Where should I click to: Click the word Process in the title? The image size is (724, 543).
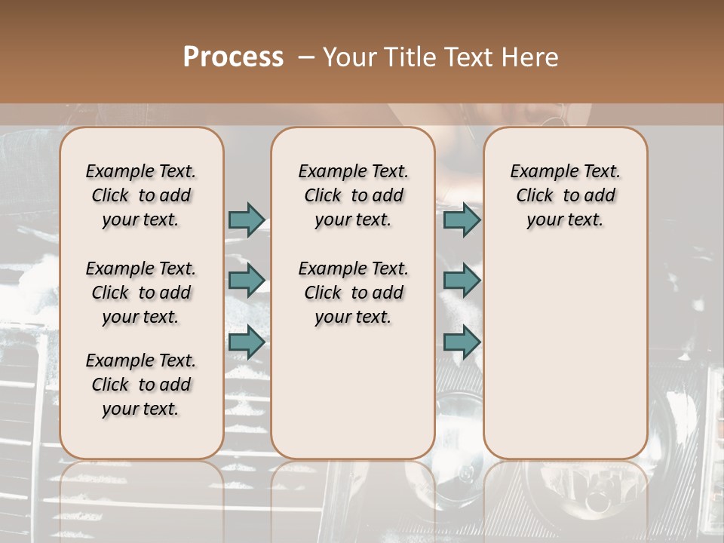[233, 57]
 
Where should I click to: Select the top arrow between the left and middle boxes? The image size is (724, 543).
[247, 219]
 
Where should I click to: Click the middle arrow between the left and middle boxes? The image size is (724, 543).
[247, 281]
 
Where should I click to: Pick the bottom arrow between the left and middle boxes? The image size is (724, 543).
[247, 342]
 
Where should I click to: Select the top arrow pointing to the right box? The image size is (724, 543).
[462, 219]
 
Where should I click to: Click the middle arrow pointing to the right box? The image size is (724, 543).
[462, 281]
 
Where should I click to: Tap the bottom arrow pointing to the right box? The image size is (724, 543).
[462, 342]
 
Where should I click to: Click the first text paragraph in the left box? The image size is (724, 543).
[141, 195]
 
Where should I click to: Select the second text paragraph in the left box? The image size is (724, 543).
[141, 293]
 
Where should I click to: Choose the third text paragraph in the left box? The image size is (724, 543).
[141, 385]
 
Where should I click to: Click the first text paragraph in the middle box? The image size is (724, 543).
[353, 195]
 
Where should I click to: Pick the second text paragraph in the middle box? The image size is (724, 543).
[353, 293]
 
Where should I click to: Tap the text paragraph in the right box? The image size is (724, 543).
[566, 195]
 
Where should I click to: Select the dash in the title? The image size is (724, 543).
[306, 57]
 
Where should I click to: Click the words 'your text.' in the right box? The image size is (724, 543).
[565, 219]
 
